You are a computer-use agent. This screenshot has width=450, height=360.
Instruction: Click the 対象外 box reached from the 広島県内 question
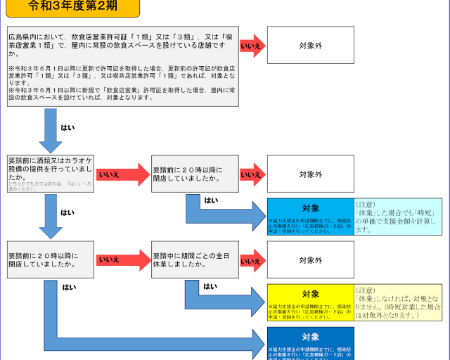(x=310, y=45)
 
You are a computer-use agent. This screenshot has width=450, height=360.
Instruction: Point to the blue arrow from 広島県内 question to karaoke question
(x=51, y=130)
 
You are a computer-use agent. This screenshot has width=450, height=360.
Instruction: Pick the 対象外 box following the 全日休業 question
(x=310, y=260)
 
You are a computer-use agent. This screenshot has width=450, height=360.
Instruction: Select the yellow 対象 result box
(x=310, y=302)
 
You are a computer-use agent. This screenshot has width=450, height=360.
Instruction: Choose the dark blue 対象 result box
(x=310, y=344)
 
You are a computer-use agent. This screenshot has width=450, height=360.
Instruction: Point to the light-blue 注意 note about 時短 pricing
(x=398, y=217)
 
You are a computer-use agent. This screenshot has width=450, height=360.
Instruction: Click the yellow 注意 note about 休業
(x=398, y=302)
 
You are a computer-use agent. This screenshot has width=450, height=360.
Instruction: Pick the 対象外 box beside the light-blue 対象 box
(x=310, y=174)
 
